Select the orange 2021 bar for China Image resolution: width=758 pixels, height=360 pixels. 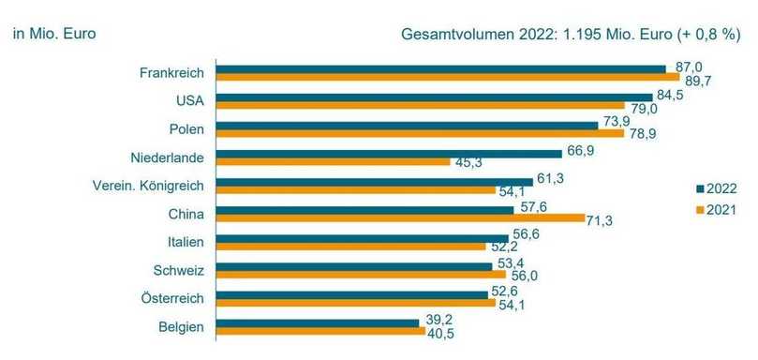(401, 218)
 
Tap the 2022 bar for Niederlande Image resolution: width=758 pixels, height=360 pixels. (389, 153)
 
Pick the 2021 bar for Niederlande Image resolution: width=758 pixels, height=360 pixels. (334, 161)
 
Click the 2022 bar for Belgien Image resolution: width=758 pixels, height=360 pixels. (318, 322)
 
